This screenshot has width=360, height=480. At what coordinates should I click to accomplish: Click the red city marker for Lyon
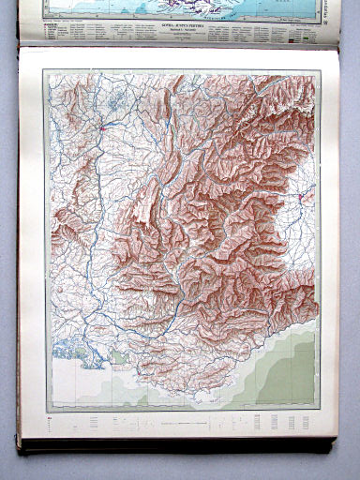pyautogui.click(x=100, y=123)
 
